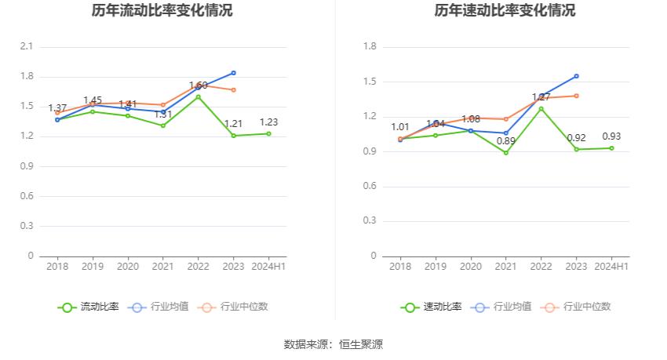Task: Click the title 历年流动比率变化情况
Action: click(x=162, y=11)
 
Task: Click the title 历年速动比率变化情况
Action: click(x=505, y=11)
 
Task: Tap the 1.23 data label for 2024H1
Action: click(x=268, y=122)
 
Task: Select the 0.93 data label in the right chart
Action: click(x=611, y=136)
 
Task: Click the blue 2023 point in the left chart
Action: click(x=233, y=73)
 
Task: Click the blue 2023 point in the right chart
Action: click(x=576, y=76)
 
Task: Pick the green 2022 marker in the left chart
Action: click(x=198, y=97)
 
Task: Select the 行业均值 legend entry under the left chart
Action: click(x=159, y=307)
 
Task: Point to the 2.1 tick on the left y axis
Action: click(x=27, y=47)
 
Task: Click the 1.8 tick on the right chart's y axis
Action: click(x=370, y=47)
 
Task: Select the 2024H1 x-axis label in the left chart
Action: click(x=268, y=267)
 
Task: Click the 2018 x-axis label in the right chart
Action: click(x=400, y=267)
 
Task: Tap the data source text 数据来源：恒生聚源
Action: click(x=333, y=344)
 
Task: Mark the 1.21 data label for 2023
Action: click(x=233, y=124)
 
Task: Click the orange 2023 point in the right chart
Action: click(x=576, y=96)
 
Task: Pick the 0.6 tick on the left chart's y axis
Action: click(x=27, y=196)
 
